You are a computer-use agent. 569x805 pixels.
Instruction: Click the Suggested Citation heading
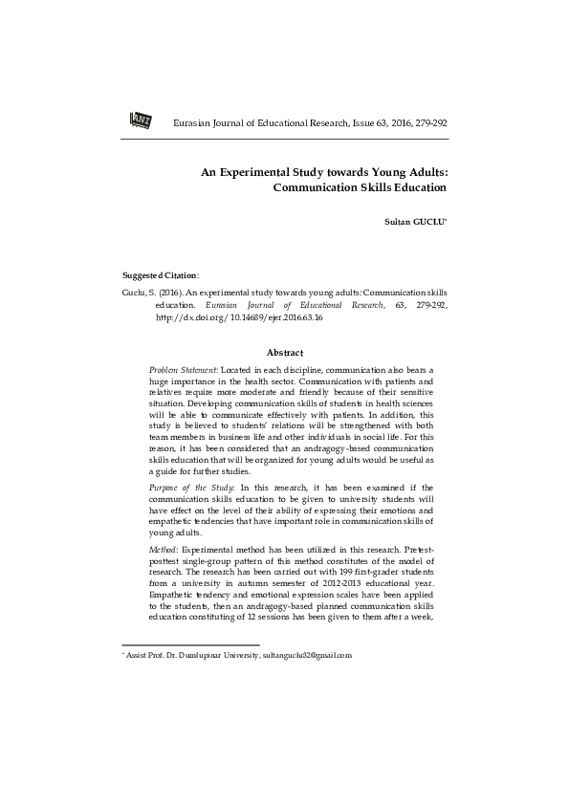pos(161,274)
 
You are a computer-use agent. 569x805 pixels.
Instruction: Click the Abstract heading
pos(284,353)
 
